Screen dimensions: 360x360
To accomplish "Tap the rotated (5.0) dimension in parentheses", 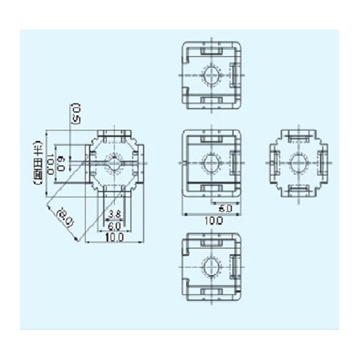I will [72, 112].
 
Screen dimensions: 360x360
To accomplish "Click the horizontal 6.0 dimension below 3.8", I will [114, 225].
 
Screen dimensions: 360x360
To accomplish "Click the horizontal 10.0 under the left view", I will [114, 237].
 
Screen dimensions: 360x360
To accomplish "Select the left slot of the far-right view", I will [274, 163].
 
